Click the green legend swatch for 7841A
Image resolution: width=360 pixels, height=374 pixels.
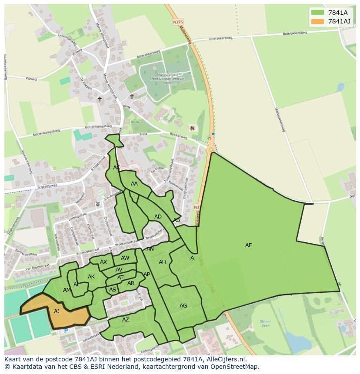click(x=318, y=13)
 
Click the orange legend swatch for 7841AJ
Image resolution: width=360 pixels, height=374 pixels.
click(x=318, y=21)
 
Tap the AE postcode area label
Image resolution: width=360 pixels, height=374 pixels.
click(x=248, y=245)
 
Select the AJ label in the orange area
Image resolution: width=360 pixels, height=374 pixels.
click(x=57, y=311)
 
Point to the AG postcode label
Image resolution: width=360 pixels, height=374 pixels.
click(x=183, y=306)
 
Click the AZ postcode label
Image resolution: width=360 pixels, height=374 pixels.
click(x=125, y=320)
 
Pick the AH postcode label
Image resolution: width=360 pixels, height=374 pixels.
click(x=162, y=262)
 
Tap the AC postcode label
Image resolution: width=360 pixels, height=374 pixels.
click(x=117, y=168)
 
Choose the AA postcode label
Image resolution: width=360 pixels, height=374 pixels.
click(x=134, y=184)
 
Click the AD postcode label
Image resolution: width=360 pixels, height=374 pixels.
click(x=158, y=217)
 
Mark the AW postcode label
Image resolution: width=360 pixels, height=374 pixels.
click(x=125, y=258)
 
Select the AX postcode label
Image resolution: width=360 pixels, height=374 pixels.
click(x=103, y=262)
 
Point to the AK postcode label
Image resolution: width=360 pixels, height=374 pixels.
click(x=91, y=277)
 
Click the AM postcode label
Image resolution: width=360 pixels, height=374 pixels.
click(x=67, y=290)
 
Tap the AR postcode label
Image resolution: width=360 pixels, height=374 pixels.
click(x=131, y=283)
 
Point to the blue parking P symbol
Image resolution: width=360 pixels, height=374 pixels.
click(x=66, y=331)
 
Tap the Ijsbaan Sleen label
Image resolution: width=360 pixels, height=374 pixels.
click(x=265, y=323)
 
